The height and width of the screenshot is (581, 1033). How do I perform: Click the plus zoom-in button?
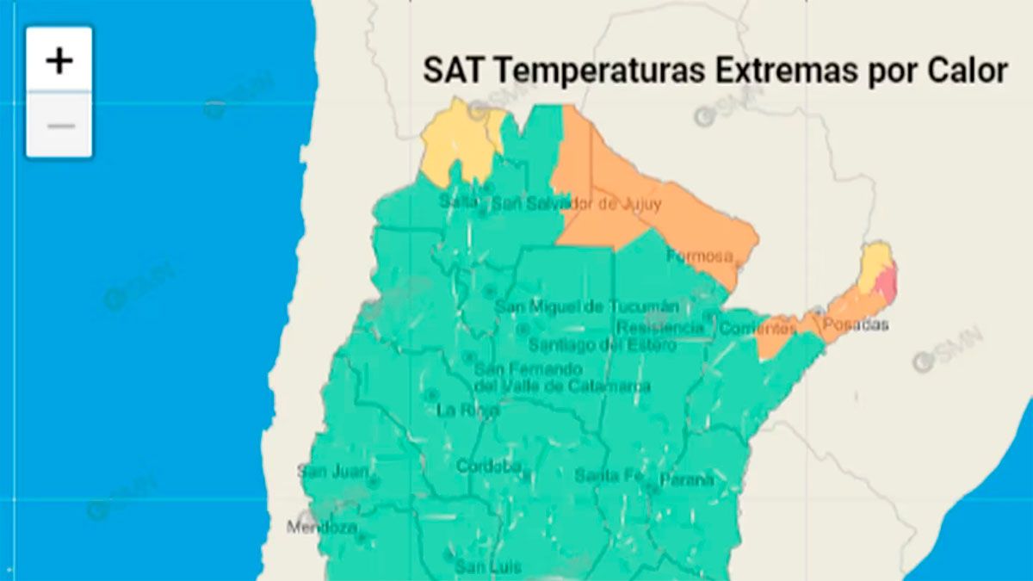(59, 60)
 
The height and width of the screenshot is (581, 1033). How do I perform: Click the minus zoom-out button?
(59, 126)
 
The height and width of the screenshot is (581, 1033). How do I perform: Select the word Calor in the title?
(966, 71)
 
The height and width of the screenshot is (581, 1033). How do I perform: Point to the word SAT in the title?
(449, 71)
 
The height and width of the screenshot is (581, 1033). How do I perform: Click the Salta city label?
(457, 201)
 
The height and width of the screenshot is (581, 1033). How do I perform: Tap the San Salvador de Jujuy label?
(576, 205)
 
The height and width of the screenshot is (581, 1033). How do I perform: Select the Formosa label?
(699, 256)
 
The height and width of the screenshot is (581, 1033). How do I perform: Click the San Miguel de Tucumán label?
(587, 307)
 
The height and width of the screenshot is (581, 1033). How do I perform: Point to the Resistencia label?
(660, 328)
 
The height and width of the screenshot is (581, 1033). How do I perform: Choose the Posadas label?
(855, 325)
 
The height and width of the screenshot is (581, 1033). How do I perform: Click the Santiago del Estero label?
(591, 345)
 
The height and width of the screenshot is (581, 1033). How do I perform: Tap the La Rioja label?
(467, 410)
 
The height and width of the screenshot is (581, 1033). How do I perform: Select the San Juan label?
(333, 472)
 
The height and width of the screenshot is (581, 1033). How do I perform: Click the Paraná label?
(687, 479)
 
